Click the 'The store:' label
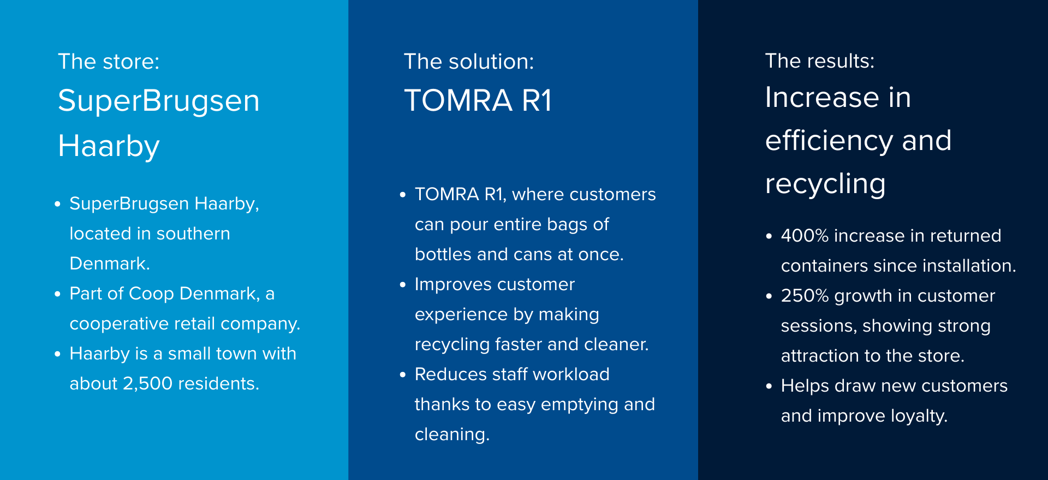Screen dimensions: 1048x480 click(x=109, y=62)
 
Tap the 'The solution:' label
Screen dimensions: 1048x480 click(x=469, y=62)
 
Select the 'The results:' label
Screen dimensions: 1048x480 click(x=819, y=61)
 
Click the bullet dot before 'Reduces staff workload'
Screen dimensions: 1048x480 click(x=403, y=375)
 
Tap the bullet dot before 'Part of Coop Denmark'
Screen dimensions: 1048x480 click(x=58, y=294)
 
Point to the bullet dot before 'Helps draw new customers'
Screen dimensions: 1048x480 click(x=769, y=386)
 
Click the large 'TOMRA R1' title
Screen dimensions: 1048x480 click(x=478, y=100)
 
